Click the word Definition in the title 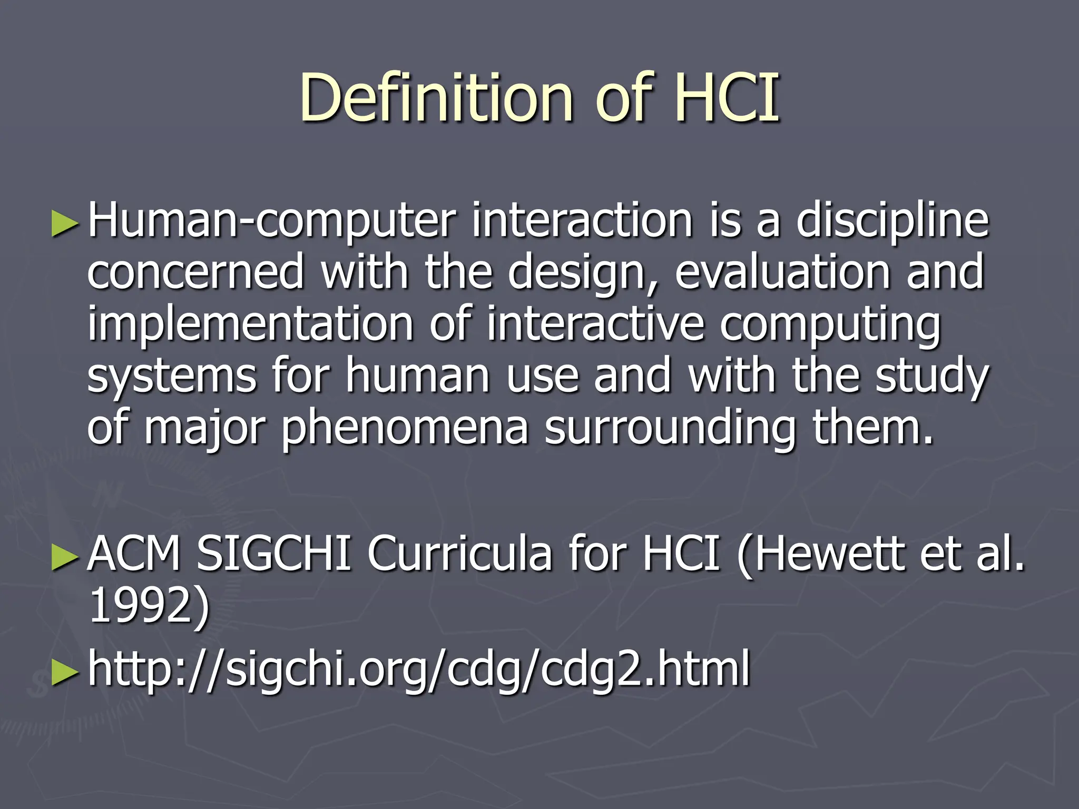coord(436,97)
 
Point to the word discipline coord(892,221)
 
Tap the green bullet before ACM coord(65,557)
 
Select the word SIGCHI coord(273,554)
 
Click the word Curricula coord(459,554)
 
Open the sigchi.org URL coord(419,669)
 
